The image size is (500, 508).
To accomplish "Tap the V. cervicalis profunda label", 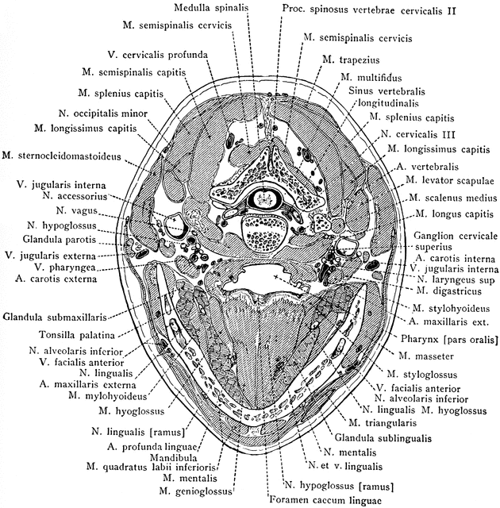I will [158, 55].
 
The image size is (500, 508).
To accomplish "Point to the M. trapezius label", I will [348, 60].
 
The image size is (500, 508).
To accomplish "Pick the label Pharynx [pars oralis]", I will [449, 340].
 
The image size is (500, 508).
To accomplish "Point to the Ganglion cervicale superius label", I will [455, 241].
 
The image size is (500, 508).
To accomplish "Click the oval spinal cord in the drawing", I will [258, 197].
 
